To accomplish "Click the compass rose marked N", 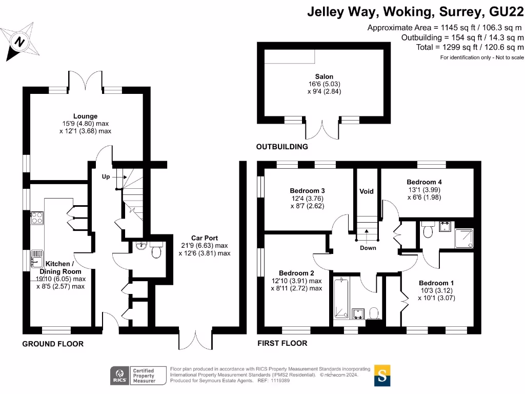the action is tap(20, 42).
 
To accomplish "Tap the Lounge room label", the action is tap(86, 116).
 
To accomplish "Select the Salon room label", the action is tap(324, 76).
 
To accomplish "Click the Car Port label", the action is tap(205, 238).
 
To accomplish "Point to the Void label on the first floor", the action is tap(366, 191).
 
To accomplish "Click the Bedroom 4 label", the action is tap(424, 182).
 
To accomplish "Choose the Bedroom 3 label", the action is tap(308, 191).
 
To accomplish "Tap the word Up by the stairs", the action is tap(106, 176).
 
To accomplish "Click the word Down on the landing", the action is tap(368, 248).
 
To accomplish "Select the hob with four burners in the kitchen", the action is tap(37, 218).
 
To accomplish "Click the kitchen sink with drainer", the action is tap(37, 259).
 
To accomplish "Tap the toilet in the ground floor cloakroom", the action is tap(156, 250).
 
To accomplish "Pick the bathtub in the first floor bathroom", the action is tap(341, 298).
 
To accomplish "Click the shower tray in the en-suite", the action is tap(464, 239).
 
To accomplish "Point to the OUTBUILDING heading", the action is tap(282, 147).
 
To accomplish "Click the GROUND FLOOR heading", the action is tap(53, 344).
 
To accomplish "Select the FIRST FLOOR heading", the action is tap(282, 343).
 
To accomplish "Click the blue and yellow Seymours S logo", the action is tap(382, 376).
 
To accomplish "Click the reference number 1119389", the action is tap(280, 381).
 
